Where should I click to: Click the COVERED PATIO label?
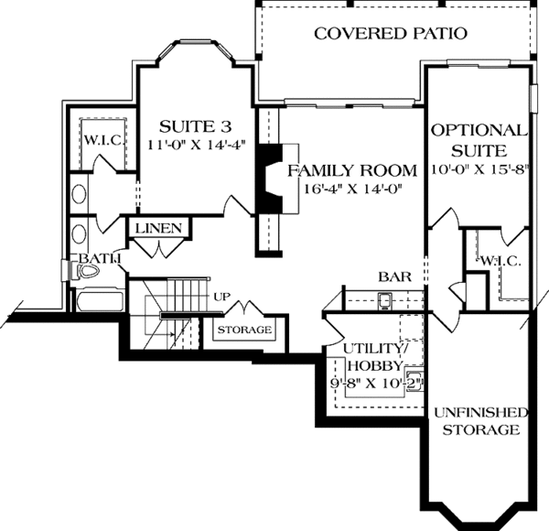point(391,34)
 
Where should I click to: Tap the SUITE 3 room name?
point(188,125)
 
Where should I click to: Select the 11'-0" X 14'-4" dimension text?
point(188,144)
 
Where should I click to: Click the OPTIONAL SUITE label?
point(479,139)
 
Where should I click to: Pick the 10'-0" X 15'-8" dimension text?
point(479,170)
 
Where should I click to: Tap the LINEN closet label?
point(161,228)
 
